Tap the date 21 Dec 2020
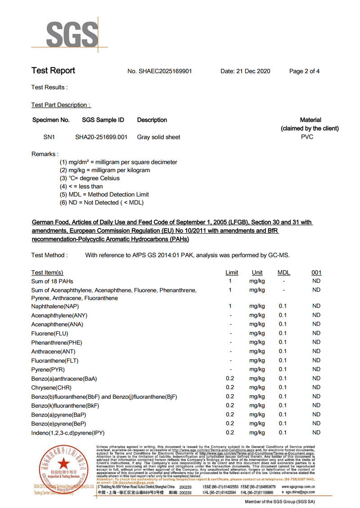pyautogui.click(x=245, y=71)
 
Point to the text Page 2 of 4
pyautogui.click(x=304, y=71)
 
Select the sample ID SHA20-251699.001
pyautogui.click(x=101, y=137)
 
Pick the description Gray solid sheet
pyautogui.click(x=158, y=137)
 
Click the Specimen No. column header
pyautogui.click(x=51, y=120)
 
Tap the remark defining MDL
pyautogui.click(x=104, y=195)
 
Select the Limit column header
pyautogui.click(x=232, y=272)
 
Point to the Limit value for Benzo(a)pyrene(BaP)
pyautogui.click(x=230, y=414)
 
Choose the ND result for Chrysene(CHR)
pyautogui.click(x=316, y=388)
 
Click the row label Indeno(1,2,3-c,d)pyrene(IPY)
pyautogui.click(x=67, y=432)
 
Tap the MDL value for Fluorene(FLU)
pyautogui.click(x=283, y=333)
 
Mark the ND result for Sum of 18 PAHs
pyautogui.click(x=316, y=281)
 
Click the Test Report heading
pyautogui.click(x=53, y=71)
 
